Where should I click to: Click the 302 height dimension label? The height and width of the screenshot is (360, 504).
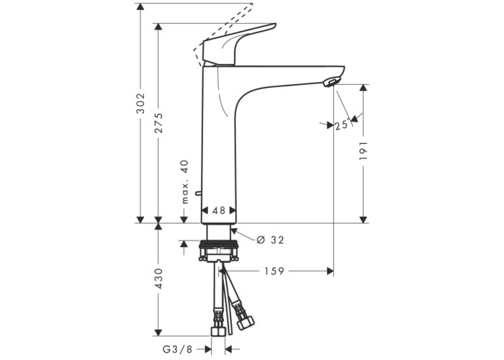click(141, 103)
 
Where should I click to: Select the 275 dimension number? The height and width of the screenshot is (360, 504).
click(158, 122)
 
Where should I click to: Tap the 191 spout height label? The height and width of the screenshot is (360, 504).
click(364, 150)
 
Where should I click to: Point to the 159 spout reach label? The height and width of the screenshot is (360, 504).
click(274, 271)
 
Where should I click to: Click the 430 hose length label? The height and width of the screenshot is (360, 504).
click(158, 278)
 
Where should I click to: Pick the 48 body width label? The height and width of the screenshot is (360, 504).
click(219, 210)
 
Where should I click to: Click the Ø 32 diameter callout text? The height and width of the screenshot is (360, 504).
click(270, 240)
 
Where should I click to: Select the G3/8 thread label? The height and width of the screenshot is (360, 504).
click(177, 349)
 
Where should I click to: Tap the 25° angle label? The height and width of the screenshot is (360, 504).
click(342, 125)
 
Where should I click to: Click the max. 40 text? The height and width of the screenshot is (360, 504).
click(185, 182)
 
